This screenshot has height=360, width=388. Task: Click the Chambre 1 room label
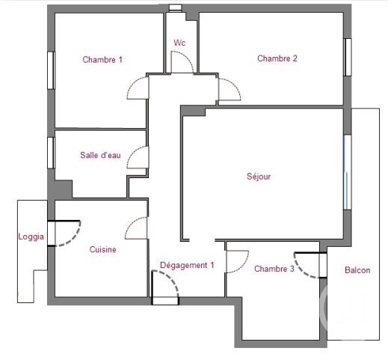[102, 60]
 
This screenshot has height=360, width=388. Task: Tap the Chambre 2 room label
[277, 58]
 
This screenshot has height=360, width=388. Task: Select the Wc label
[179, 43]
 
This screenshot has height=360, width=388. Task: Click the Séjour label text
[259, 177]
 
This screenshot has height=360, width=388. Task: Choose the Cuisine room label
[102, 250]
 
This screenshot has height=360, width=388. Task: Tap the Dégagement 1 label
[187, 265]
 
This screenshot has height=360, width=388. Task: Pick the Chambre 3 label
[274, 269]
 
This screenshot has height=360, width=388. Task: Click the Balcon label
[357, 270]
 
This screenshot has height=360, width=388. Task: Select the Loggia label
[31, 237]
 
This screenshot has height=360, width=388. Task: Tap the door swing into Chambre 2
[229, 91]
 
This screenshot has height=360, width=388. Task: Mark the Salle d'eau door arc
[137, 158]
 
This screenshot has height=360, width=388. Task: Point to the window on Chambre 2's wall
[347, 57]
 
